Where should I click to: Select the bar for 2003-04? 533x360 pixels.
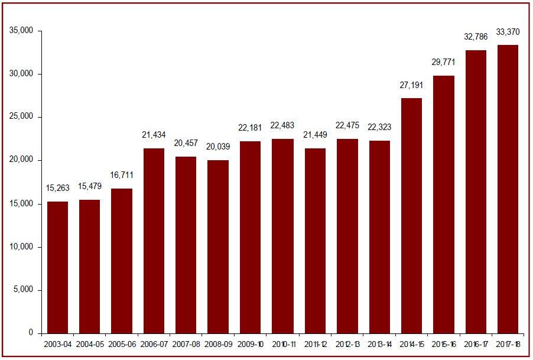coord(57,267)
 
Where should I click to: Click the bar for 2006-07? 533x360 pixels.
coord(154,241)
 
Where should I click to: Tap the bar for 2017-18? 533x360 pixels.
coord(508,189)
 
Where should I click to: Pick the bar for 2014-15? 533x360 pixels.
coord(411,216)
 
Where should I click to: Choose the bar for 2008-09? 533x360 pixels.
coord(218,247)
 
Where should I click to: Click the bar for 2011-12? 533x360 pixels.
coord(315,241)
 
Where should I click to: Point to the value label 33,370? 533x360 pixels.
coord(508,32)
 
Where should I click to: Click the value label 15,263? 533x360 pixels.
coord(57,188)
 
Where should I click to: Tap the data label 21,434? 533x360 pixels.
coord(154,135)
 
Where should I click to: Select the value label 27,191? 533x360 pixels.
coord(411,85)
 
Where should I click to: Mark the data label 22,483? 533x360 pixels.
coord(282,126)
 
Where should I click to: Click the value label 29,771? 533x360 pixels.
coord(443,63)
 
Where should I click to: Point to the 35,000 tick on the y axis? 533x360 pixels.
coord(22,31)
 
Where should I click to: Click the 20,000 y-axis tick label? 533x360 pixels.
coord(22,160)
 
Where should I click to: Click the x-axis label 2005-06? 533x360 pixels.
coord(122,343)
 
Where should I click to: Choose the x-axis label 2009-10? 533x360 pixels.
coord(251,343)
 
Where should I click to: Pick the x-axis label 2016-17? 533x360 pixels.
coord(476,343)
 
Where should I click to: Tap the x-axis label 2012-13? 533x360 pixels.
coord(347,343)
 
